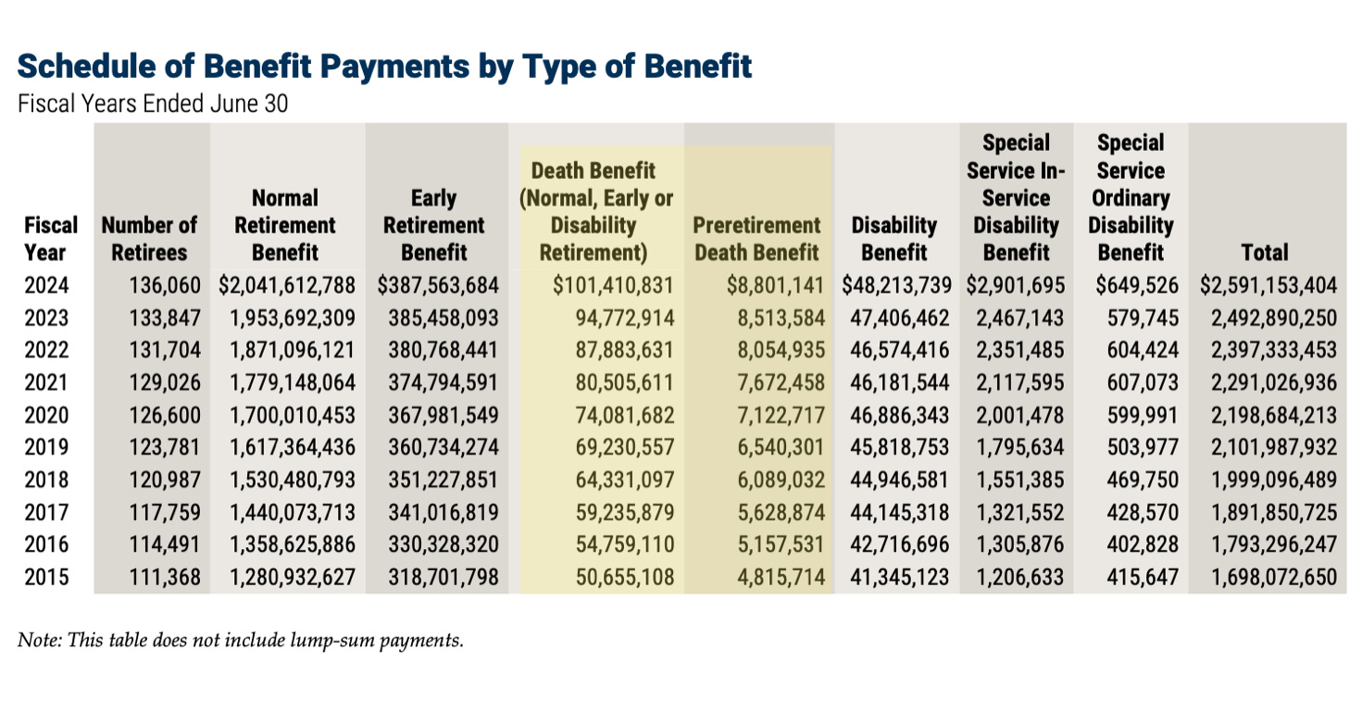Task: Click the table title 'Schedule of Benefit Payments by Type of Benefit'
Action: click(384, 67)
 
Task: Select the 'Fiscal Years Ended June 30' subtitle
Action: click(153, 104)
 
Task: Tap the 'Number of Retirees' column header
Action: click(149, 239)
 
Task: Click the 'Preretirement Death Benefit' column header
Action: click(756, 239)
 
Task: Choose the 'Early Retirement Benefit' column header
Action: click(433, 225)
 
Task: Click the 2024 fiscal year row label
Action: click(47, 287)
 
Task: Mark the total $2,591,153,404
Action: click(1268, 287)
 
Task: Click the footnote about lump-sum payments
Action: click(240, 640)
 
